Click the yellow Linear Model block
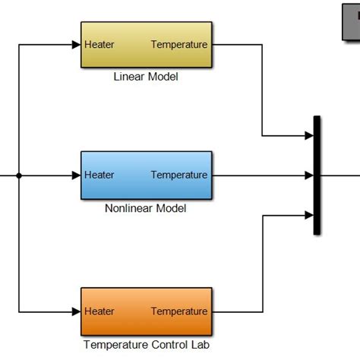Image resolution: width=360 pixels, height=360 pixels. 147,45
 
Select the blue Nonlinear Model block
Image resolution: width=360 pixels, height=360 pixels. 147,175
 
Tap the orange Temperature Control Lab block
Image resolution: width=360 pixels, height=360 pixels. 147,311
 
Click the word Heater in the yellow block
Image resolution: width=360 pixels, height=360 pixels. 99,45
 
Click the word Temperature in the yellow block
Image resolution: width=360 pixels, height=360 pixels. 178,45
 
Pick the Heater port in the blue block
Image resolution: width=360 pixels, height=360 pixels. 99,175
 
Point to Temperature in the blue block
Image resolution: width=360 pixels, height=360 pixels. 178,175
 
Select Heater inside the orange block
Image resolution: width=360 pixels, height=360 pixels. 99,311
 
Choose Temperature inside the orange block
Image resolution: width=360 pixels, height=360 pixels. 178,311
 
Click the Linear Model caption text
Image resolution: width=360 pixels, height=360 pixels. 146,77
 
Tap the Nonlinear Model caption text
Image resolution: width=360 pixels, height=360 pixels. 146,208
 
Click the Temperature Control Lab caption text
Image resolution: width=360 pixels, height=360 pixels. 146,344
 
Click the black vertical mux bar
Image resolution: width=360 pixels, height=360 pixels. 317,175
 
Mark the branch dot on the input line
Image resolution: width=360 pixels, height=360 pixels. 19,175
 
